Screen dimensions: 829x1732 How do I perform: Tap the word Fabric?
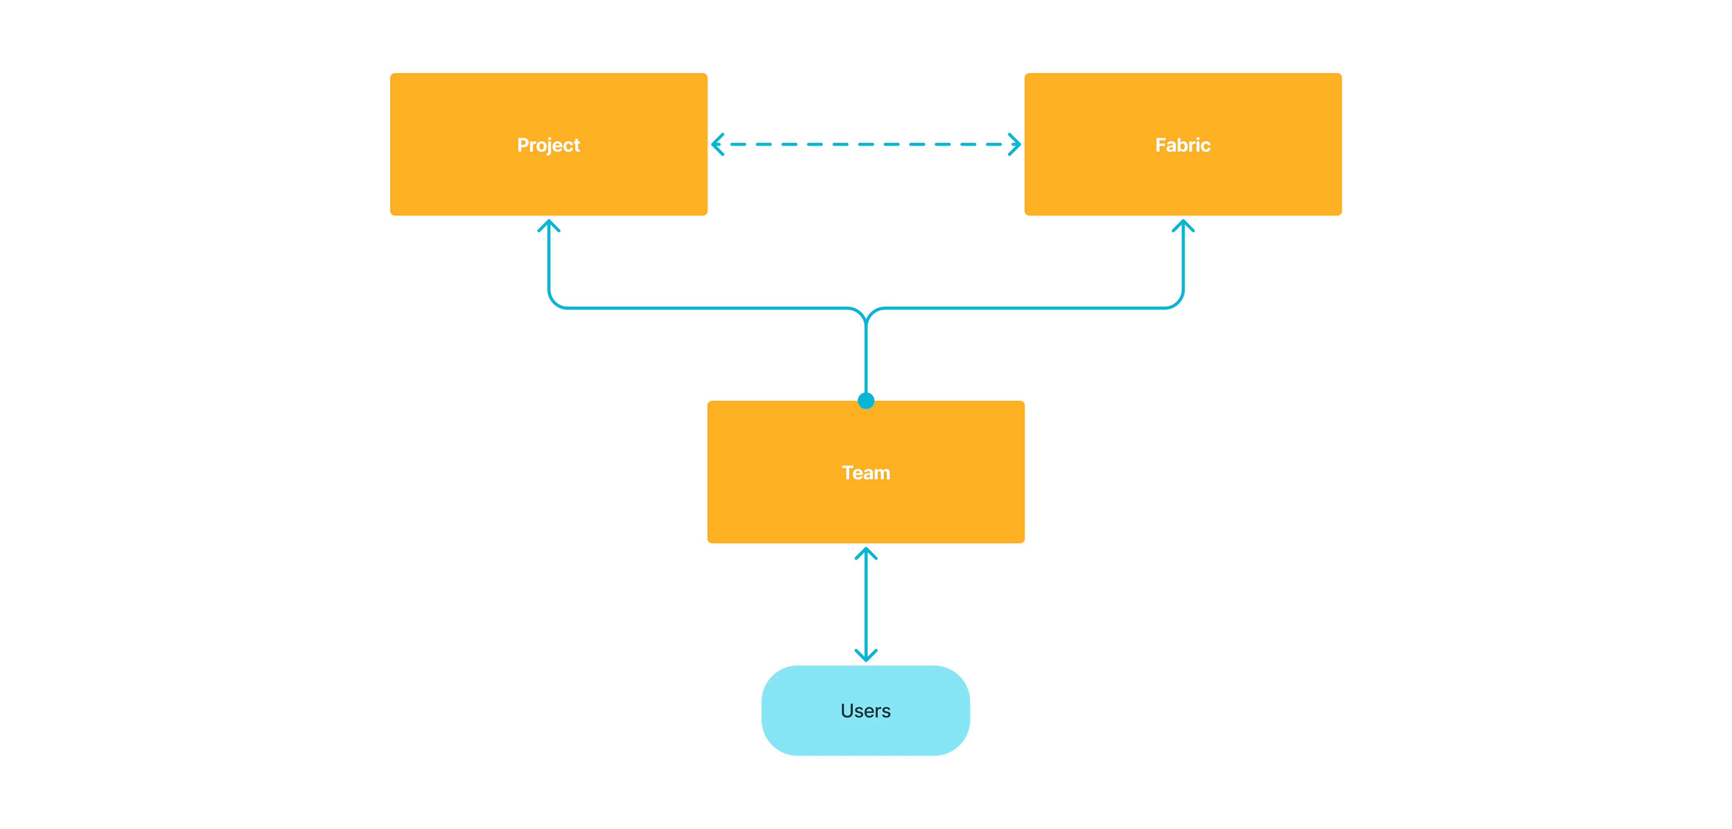[1183, 145]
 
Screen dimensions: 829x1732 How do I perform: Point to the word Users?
[865, 711]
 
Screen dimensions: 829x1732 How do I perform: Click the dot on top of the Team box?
[866, 401]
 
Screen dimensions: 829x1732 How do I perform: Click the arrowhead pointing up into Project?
[549, 225]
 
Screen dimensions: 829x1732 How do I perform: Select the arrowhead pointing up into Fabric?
[1183, 225]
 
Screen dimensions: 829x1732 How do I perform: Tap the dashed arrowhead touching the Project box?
[717, 144]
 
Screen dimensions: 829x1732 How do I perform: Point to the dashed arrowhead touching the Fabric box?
[1015, 144]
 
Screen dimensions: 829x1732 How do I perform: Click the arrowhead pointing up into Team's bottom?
[866, 553]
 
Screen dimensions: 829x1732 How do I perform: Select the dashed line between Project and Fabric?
[866, 144]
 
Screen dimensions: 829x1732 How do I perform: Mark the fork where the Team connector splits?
[866, 316]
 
